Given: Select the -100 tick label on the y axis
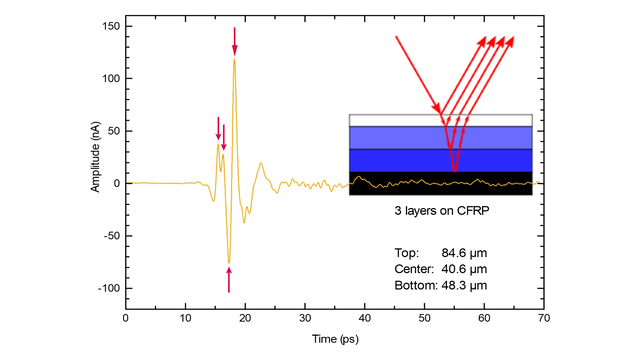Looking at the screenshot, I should tap(108, 288).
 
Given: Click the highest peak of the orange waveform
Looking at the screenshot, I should tap(235, 60).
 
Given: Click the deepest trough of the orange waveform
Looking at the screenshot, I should tap(229, 262).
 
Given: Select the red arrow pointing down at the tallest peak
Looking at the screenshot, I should tap(235, 40).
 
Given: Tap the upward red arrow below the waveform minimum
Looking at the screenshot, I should tap(229, 280).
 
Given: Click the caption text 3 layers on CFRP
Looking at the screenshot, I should tap(441, 213).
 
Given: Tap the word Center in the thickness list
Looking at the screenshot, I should tap(414, 269).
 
